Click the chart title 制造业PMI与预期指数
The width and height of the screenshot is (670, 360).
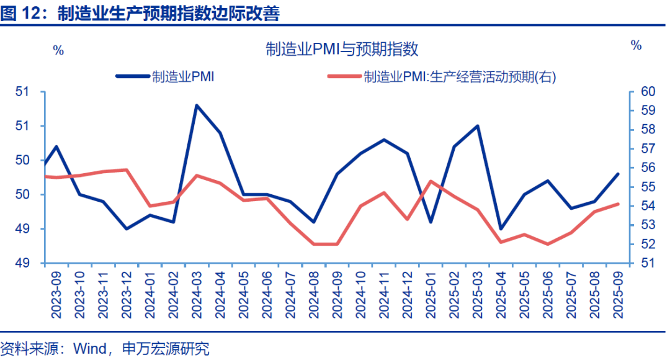tap(342, 49)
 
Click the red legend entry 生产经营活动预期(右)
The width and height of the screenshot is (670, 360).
tap(460, 76)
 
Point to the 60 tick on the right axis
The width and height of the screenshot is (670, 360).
tap(648, 92)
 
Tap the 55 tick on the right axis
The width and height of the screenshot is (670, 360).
tap(648, 187)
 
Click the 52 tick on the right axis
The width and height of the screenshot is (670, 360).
tap(648, 244)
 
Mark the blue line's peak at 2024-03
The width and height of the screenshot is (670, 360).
tap(197, 106)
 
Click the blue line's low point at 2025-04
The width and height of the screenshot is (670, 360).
tap(501, 229)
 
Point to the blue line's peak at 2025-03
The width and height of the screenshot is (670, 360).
tap(478, 126)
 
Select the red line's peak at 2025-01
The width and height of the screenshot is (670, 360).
tap(431, 181)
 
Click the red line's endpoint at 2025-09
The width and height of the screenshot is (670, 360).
tap(618, 204)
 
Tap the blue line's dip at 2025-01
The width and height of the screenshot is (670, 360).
tap(431, 222)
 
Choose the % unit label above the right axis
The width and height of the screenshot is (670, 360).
tap(636, 45)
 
